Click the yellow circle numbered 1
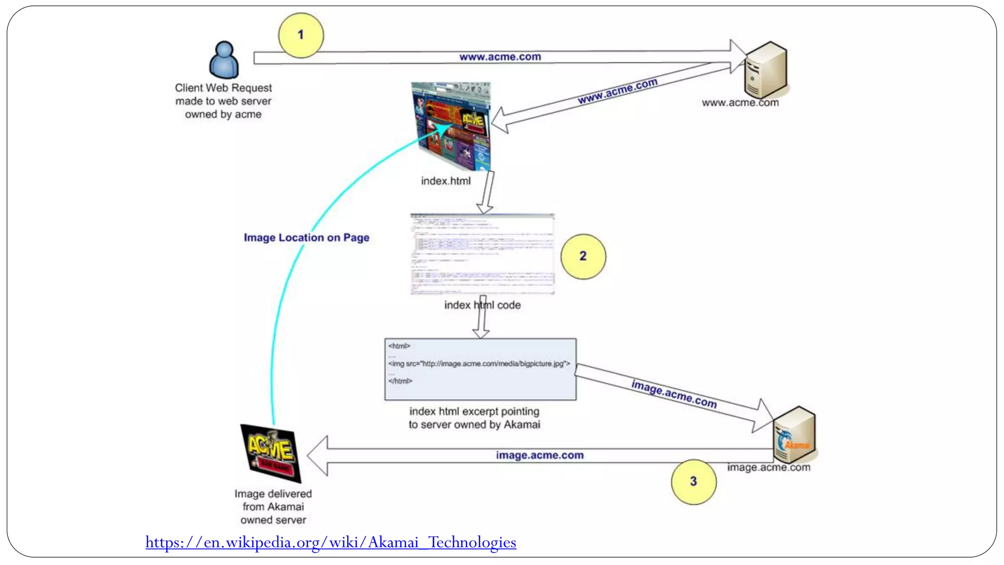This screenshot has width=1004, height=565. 301,35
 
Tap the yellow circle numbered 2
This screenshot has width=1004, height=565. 583,257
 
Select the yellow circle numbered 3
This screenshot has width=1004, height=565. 693,482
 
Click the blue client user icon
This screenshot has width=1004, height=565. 224,60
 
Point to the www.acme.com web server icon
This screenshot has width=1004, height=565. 765,70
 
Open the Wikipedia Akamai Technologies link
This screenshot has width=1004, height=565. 330,542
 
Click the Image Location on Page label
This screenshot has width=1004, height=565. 306,238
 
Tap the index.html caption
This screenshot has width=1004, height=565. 446,181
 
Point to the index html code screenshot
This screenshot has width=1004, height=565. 482,254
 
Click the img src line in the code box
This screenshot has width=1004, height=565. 479,364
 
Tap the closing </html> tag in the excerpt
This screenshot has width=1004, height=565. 400,381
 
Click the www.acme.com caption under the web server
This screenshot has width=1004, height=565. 740,103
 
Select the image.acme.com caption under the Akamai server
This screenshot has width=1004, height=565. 768,467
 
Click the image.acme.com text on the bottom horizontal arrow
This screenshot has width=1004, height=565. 540,455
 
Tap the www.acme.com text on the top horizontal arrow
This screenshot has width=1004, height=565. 500,57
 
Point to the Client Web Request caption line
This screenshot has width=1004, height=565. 223,88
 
